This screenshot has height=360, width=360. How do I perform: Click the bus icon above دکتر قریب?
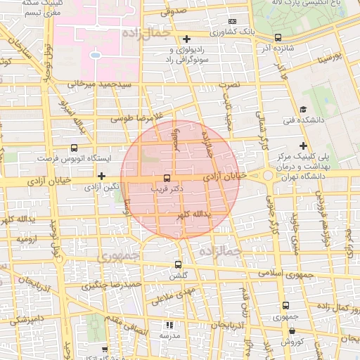167,178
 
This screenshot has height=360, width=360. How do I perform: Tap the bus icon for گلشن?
178,265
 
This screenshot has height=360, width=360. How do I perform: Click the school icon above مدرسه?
168,325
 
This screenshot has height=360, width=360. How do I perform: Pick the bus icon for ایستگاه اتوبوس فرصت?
75,148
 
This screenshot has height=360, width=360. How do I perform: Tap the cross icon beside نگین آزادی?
102,176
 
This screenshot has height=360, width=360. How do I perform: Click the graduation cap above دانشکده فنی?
303,109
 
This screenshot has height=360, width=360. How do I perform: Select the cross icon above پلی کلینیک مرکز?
303,145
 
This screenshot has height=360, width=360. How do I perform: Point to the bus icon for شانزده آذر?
278,37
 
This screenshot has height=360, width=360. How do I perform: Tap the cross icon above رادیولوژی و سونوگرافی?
186,39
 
